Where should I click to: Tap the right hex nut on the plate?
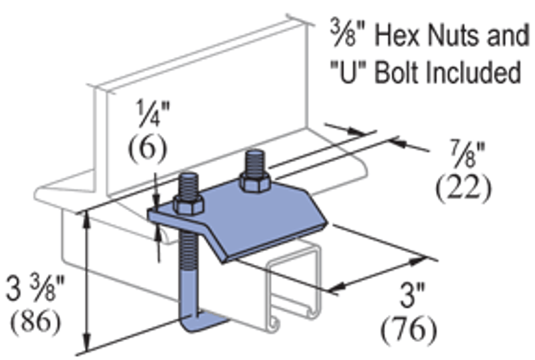tap(256, 185)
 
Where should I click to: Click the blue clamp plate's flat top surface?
tap(254, 217)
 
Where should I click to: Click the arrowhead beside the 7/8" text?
tap(399, 141)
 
